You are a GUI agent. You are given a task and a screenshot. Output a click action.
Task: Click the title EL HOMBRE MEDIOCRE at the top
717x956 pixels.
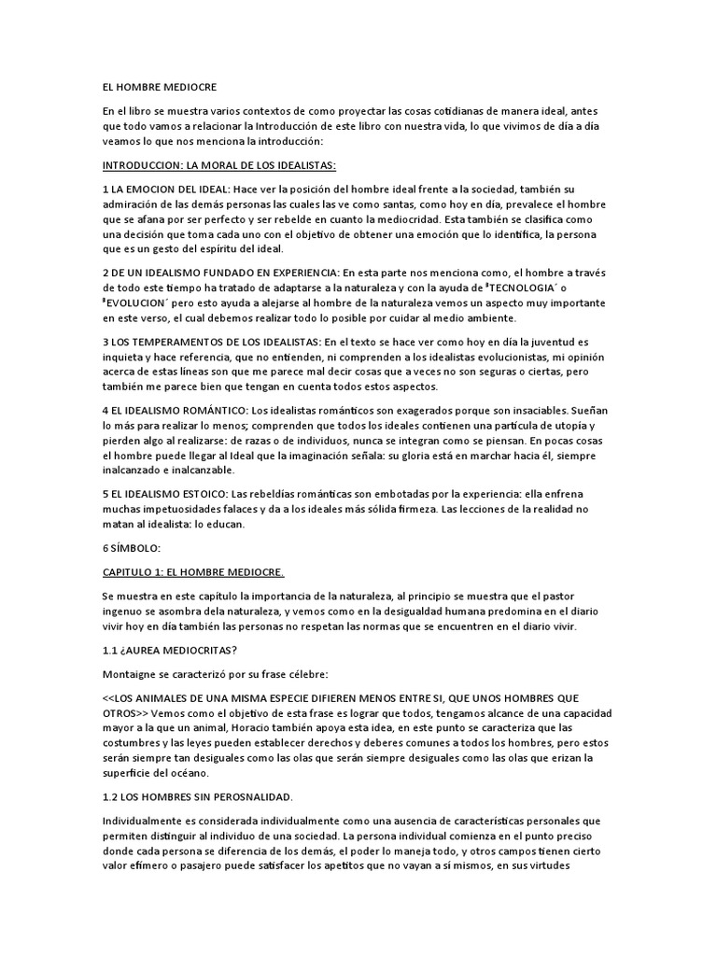pyautogui.click(x=160, y=87)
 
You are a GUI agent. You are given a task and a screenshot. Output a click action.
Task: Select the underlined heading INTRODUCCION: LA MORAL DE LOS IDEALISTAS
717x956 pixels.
pyautogui.click(x=232, y=165)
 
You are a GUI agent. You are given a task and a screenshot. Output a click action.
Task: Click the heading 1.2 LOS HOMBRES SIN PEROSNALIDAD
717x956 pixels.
pyautogui.click(x=198, y=796)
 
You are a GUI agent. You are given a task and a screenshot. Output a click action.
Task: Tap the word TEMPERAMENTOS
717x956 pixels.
pyautogui.click(x=186, y=343)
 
